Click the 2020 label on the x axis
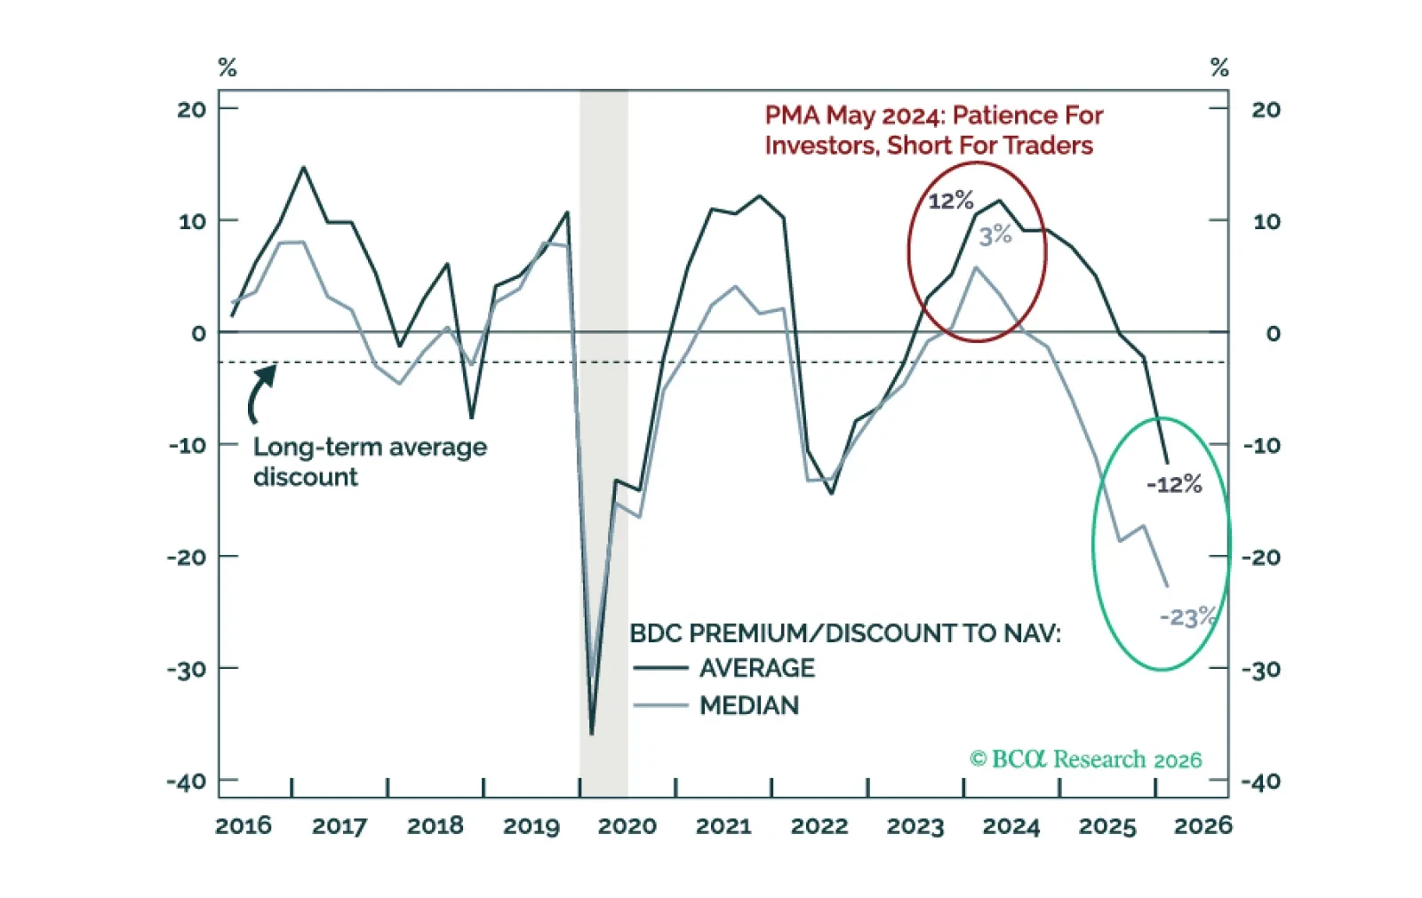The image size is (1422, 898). coord(627,826)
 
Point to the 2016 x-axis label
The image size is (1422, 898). coord(244,826)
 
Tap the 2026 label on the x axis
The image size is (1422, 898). coord(1202,826)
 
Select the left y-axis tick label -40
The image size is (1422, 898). coord(186,782)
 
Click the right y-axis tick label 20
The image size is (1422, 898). coord(1266,109)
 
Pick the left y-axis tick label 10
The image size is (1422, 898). coord(192,221)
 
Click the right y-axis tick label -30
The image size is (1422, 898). coord(1261,669)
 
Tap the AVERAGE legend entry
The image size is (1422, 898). coord(756,668)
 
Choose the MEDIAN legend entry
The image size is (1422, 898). coord(749,705)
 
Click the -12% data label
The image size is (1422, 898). coord(1174,484)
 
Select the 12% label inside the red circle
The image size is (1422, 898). coord(950,201)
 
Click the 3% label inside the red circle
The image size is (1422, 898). coord(995,235)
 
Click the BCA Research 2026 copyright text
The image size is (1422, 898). coord(1085,759)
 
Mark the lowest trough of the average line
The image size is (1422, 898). coord(592,734)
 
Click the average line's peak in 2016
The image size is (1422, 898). coord(303,167)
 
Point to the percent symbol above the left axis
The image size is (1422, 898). coord(228,68)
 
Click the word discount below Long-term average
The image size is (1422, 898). coord(305,477)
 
